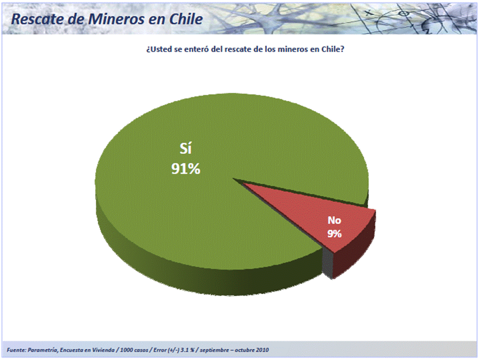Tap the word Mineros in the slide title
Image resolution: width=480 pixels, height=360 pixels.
pyautogui.click(x=116, y=19)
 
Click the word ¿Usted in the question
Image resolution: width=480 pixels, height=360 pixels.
pyautogui.click(x=159, y=49)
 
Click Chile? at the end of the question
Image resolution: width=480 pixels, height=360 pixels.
pyautogui.click(x=333, y=49)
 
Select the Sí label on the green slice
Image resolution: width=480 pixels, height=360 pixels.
pyautogui.click(x=185, y=149)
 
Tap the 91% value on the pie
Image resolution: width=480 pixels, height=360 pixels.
pyautogui.click(x=185, y=168)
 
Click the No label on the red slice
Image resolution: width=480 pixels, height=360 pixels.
pyautogui.click(x=334, y=220)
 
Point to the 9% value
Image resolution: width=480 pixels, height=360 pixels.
pyautogui.click(x=334, y=233)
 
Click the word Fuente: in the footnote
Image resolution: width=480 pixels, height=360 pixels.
pyautogui.click(x=16, y=350)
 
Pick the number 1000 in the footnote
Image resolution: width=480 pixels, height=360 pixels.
pyautogui.click(x=126, y=350)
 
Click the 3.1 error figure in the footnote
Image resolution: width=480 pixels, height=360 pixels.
pyautogui.click(x=184, y=350)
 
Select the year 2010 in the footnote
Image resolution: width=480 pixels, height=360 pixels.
pyautogui.click(x=262, y=350)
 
